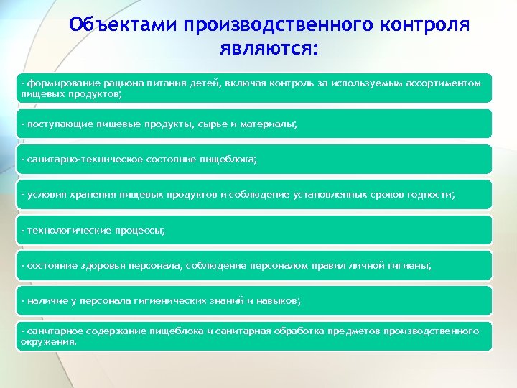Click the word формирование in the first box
58,83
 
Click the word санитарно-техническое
83,160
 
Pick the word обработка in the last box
297,331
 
